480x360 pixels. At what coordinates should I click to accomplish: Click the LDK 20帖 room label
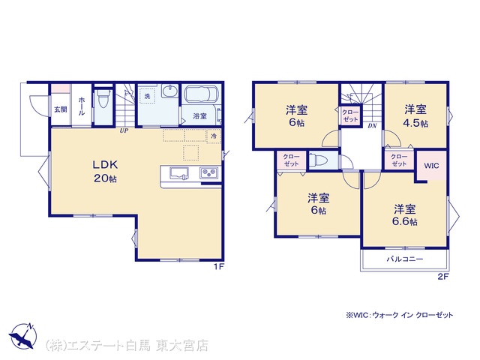coord(105,172)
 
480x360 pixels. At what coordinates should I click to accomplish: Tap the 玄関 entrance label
coord(61,109)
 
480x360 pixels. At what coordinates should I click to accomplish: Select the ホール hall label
coord(82,106)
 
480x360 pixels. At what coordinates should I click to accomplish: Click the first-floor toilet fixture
coord(103,98)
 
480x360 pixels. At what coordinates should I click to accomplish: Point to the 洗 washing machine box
coord(147,96)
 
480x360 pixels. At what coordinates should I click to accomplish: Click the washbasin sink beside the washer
coord(170,91)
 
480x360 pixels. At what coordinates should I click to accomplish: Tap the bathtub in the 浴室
coord(202,94)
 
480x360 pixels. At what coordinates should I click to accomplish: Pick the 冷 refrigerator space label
coord(214,136)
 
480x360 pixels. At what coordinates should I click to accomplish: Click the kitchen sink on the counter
coord(179,173)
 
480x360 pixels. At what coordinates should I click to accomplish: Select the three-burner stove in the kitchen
coord(209,173)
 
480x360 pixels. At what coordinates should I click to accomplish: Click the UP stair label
coord(124,130)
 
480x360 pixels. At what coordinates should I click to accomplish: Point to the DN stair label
coord(372,125)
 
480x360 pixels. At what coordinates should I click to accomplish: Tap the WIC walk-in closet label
coord(431,166)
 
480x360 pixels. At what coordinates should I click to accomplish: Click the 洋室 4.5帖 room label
coord(415,116)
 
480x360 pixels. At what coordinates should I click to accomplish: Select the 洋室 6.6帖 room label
coord(405,215)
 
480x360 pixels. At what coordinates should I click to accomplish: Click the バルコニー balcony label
coord(405,259)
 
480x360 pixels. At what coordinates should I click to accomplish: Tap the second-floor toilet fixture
coord(316,160)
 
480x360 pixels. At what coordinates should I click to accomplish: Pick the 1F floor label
coord(219,267)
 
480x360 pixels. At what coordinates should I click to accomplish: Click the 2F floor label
coord(443,277)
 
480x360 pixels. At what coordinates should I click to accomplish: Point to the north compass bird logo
coord(22,336)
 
